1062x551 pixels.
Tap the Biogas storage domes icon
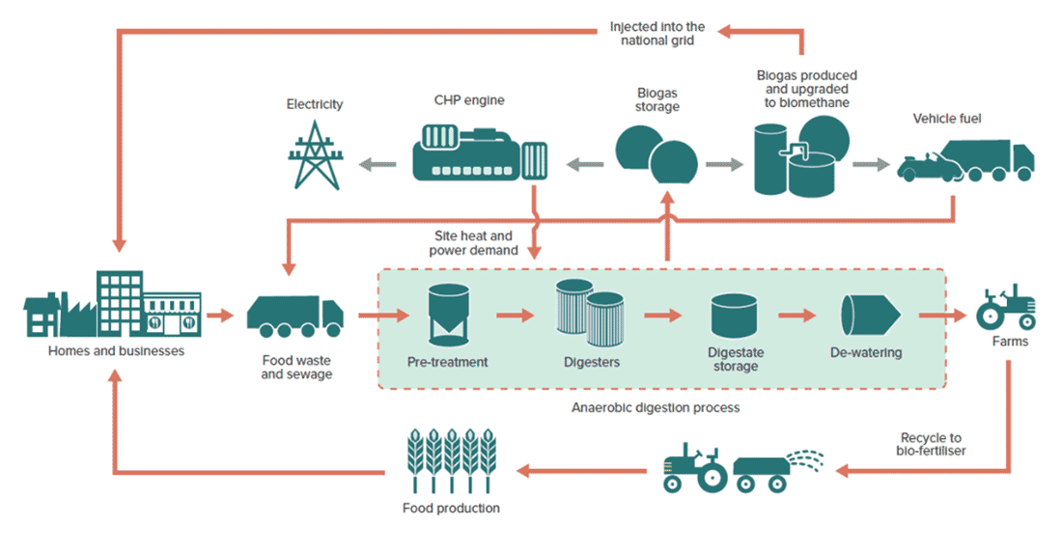[657, 154]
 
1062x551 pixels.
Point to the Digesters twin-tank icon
[589, 313]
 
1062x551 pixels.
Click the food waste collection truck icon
[295, 315]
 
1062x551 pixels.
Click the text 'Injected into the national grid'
[657, 33]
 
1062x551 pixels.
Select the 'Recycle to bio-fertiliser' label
[927, 445]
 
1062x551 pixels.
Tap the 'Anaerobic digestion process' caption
[656, 407]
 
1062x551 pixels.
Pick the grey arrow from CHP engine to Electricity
[378, 164]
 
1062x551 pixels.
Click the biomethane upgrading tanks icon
[800, 154]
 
